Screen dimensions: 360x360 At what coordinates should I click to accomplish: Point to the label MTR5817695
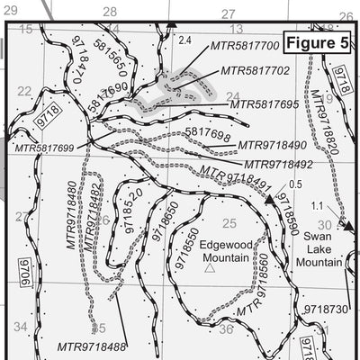click(265, 105)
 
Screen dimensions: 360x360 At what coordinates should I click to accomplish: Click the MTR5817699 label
click(43, 147)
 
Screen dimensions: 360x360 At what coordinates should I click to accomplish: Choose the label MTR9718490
click(272, 144)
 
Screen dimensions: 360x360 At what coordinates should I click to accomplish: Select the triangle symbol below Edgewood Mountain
click(210, 268)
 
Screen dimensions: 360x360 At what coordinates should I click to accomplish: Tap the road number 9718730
click(325, 309)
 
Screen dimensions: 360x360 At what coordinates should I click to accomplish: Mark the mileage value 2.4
click(186, 40)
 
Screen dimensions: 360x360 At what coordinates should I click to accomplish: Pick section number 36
click(226, 328)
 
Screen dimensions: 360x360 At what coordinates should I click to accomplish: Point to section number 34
click(21, 327)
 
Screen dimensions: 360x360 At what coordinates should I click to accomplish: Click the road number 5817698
click(202, 133)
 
